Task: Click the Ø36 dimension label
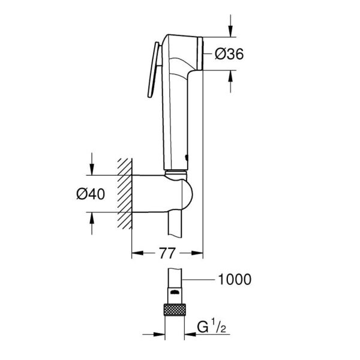pyautogui.click(x=229, y=55)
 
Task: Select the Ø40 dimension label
pyautogui.click(x=91, y=194)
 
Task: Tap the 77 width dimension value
pyautogui.click(x=167, y=253)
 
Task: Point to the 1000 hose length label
pyautogui.click(x=235, y=280)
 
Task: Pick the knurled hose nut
pyautogui.click(x=175, y=310)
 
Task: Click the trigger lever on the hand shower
pyautogui.click(x=154, y=70)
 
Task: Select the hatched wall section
pyautogui.click(x=125, y=194)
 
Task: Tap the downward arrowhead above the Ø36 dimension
pyautogui.click(x=230, y=31)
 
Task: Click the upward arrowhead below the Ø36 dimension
pyautogui.click(x=230, y=76)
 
